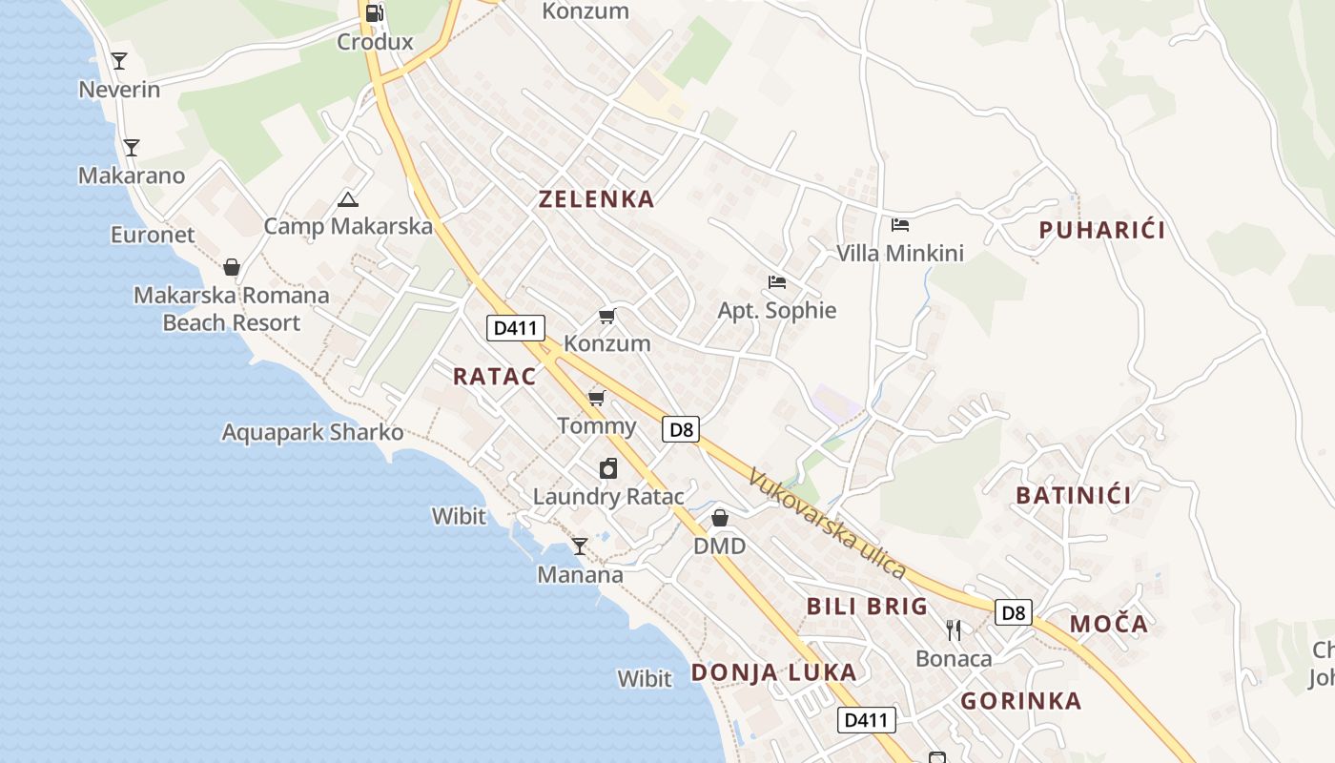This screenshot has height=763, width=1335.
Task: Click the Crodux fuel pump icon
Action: pos(375,13)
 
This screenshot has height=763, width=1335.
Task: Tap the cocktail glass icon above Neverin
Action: pos(119,61)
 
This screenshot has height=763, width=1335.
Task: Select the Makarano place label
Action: pos(132,175)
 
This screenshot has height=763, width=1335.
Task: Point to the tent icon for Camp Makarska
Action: pos(348,199)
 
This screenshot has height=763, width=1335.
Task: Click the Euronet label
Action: pos(153,235)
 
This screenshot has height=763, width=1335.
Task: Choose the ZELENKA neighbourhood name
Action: pos(597,199)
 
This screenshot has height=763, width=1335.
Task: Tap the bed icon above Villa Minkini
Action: pos(900,225)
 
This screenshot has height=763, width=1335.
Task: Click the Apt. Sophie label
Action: pos(777,310)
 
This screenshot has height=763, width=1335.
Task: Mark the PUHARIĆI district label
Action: pos(1102,230)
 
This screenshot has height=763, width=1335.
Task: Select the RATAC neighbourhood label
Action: pos(495,376)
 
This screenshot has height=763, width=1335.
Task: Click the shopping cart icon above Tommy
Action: pos(597,398)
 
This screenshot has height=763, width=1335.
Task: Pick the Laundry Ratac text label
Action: pos(608,496)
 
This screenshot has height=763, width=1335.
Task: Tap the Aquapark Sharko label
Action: pos(313,432)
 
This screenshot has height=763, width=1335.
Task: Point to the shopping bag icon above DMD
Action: pos(720,518)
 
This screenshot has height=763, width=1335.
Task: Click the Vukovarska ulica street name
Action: pos(827,523)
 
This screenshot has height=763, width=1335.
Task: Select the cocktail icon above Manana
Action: pos(579,546)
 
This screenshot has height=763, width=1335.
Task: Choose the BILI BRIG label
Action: pos(867,606)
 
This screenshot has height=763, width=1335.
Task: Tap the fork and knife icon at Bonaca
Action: pos(954,629)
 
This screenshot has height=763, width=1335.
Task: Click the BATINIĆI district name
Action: pos(1074,495)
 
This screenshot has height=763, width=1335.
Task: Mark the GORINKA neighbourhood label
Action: pos(1021,701)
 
